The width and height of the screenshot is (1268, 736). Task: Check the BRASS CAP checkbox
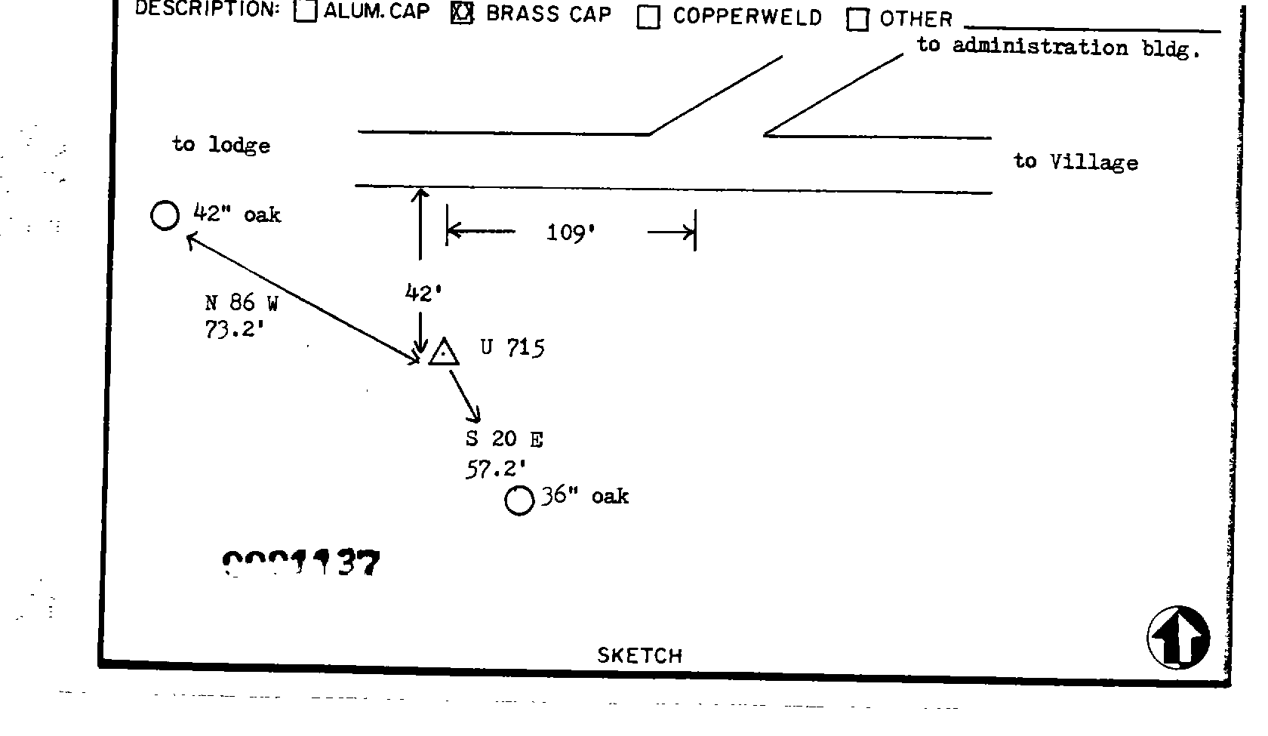coord(461,13)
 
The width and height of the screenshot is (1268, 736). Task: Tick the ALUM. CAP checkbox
coord(305,11)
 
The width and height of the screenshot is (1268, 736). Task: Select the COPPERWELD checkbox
coord(648,17)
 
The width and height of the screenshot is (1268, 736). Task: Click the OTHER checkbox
coord(857,20)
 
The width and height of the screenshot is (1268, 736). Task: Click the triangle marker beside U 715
coord(444,353)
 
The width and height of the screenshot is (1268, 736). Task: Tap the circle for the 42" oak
coord(165,216)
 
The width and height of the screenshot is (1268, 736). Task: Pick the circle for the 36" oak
coord(519,500)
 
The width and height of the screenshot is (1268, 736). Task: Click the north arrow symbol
coord(1178,638)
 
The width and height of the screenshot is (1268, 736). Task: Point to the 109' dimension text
coord(571,233)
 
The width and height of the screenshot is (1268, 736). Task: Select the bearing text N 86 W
coord(242,303)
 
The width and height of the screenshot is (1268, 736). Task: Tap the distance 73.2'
coord(233,330)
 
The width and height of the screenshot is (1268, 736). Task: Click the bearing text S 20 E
coord(504,439)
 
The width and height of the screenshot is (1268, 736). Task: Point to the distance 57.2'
coord(495,470)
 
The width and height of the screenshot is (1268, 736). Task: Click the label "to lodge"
coord(221,144)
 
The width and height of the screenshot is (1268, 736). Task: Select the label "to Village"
coord(1076,162)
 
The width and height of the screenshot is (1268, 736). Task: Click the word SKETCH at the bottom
coord(639,655)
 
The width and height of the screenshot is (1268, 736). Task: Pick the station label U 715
coord(512,348)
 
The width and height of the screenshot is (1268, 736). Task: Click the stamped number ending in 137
coord(301,564)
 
